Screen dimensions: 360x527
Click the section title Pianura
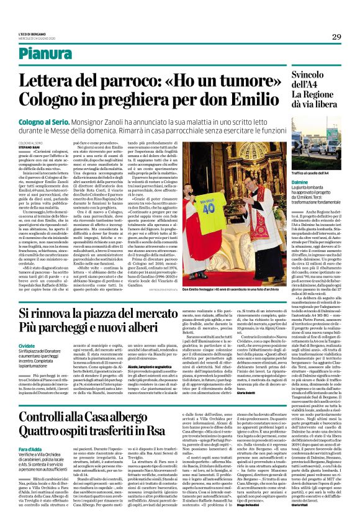pos(62,54)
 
